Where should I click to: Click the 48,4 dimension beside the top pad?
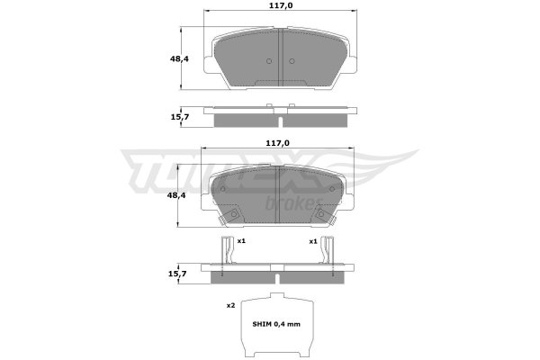[179, 58]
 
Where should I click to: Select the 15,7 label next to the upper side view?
[180, 117]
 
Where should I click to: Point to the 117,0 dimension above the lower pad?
[277, 143]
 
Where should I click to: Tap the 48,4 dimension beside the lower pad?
[176, 195]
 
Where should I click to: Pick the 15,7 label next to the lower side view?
[177, 274]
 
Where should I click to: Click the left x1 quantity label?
[241, 241]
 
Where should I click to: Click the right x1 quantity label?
[312, 241]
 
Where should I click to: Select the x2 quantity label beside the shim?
[230, 306]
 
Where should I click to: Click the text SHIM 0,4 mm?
[276, 324]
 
